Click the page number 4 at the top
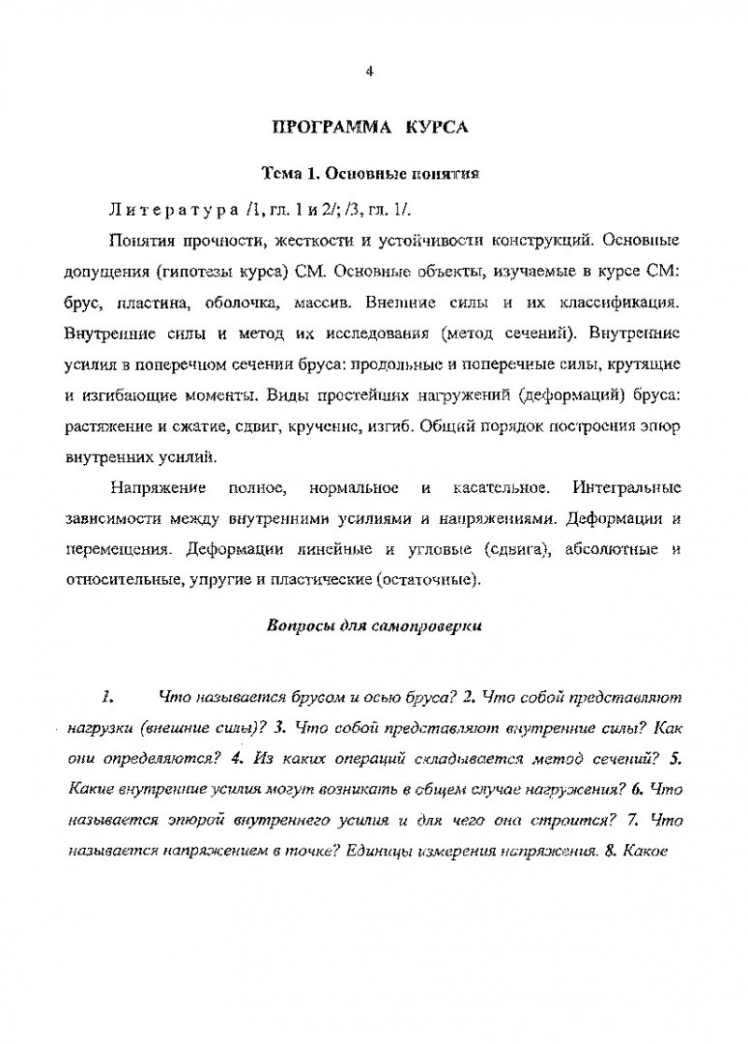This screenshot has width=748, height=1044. pos(370,70)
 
